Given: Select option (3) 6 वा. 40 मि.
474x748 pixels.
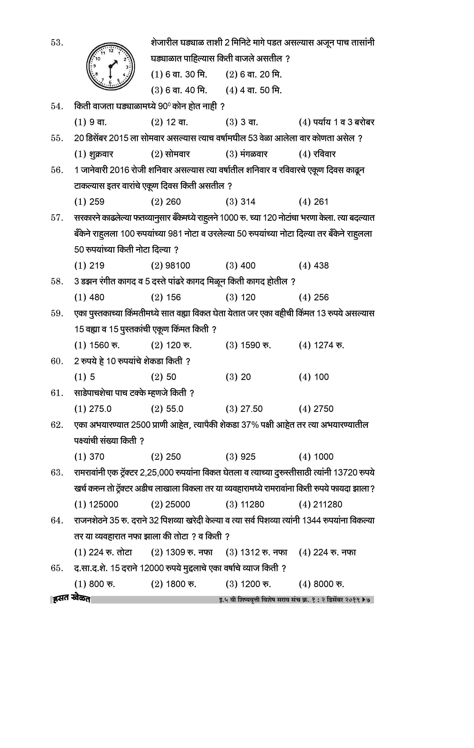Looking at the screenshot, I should (179, 90).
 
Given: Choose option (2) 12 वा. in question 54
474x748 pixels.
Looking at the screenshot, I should (169, 122).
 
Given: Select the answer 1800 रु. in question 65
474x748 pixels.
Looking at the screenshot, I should (174, 584).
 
